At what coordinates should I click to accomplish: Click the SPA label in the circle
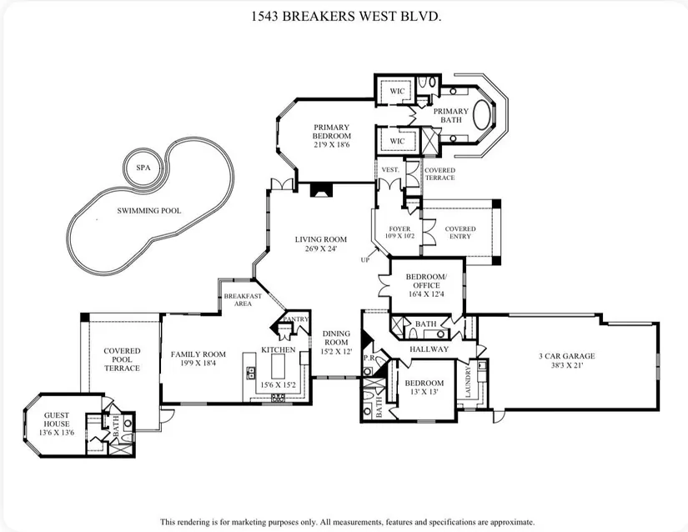(x=143, y=168)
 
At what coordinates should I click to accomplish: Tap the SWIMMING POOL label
(x=148, y=210)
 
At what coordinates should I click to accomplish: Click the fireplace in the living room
(x=321, y=190)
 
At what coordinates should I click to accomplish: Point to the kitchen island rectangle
(x=279, y=366)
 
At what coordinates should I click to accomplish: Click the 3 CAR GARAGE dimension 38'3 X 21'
(x=567, y=365)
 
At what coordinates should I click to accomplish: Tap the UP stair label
(x=365, y=259)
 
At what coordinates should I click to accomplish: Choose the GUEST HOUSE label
(x=56, y=419)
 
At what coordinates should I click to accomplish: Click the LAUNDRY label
(x=468, y=382)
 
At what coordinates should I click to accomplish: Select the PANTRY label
(x=296, y=319)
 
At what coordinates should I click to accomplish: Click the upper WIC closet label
(x=397, y=91)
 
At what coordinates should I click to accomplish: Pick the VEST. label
(x=390, y=170)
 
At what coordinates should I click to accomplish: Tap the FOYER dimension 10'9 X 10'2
(x=399, y=236)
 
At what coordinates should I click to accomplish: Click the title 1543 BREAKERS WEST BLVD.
(x=346, y=17)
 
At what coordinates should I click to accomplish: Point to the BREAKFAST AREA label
(x=243, y=299)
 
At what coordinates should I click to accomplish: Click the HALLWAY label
(x=429, y=349)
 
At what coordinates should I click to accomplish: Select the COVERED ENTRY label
(x=460, y=233)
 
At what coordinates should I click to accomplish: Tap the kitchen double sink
(x=252, y=373)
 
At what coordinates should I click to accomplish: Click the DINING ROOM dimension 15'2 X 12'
(x=336, y=351)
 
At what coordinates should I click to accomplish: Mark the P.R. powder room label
(x=369, y=358)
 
